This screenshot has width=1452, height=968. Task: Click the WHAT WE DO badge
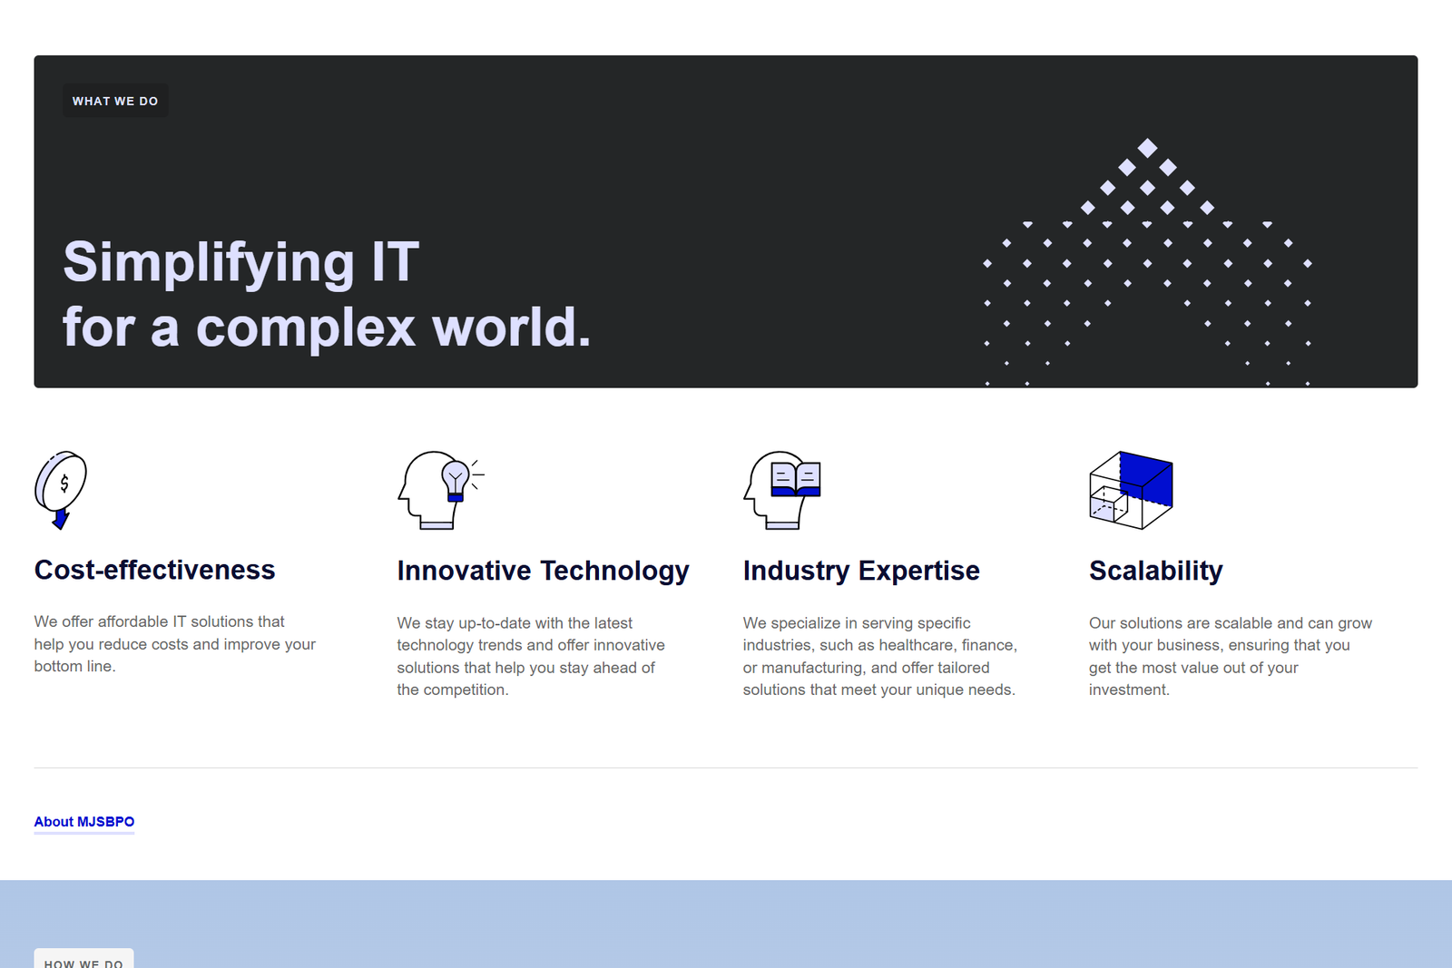point(115,101)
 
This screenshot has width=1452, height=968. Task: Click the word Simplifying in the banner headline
point(209,264)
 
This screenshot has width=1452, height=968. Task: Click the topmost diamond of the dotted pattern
point(1147,148)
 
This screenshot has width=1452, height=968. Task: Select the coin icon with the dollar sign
point(61,482)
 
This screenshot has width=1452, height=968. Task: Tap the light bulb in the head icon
point(455,481)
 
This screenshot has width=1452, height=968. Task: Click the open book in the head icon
point(796,480)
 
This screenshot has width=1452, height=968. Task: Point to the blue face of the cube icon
point(1146,478)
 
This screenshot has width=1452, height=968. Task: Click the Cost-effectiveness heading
point(155,570)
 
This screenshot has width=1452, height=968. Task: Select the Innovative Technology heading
point(544,571)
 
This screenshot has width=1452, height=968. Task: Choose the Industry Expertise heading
point(861,571)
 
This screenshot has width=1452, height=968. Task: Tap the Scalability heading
point(1156,571)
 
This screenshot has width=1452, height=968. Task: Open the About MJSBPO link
point(84,822)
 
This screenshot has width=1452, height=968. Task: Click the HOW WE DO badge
point(84,959)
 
